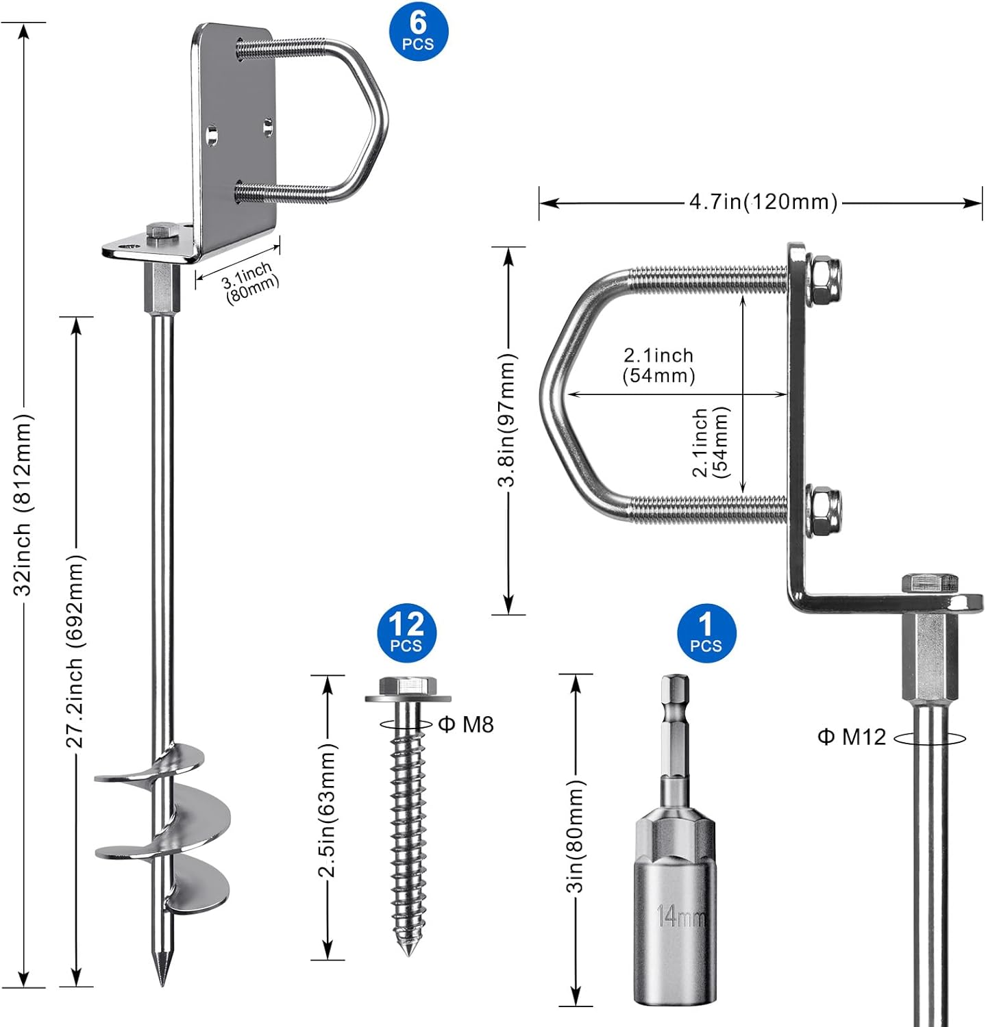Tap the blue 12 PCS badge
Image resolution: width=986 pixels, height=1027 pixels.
click(406, 633)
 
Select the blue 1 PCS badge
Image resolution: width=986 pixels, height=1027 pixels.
click(706, 633)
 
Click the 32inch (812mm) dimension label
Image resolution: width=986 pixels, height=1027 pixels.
click(24, 504)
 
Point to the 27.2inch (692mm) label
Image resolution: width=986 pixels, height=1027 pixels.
click(75, 650)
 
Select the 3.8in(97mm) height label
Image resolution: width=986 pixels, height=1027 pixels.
click(507, 419)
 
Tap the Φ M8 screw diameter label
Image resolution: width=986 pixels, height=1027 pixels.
click(466, 724)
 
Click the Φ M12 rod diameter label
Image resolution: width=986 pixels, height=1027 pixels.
click(852, 737)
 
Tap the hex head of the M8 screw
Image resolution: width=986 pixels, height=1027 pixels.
click(408, 685)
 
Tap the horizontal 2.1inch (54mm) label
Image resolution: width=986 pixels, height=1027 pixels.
click(658, 365)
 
